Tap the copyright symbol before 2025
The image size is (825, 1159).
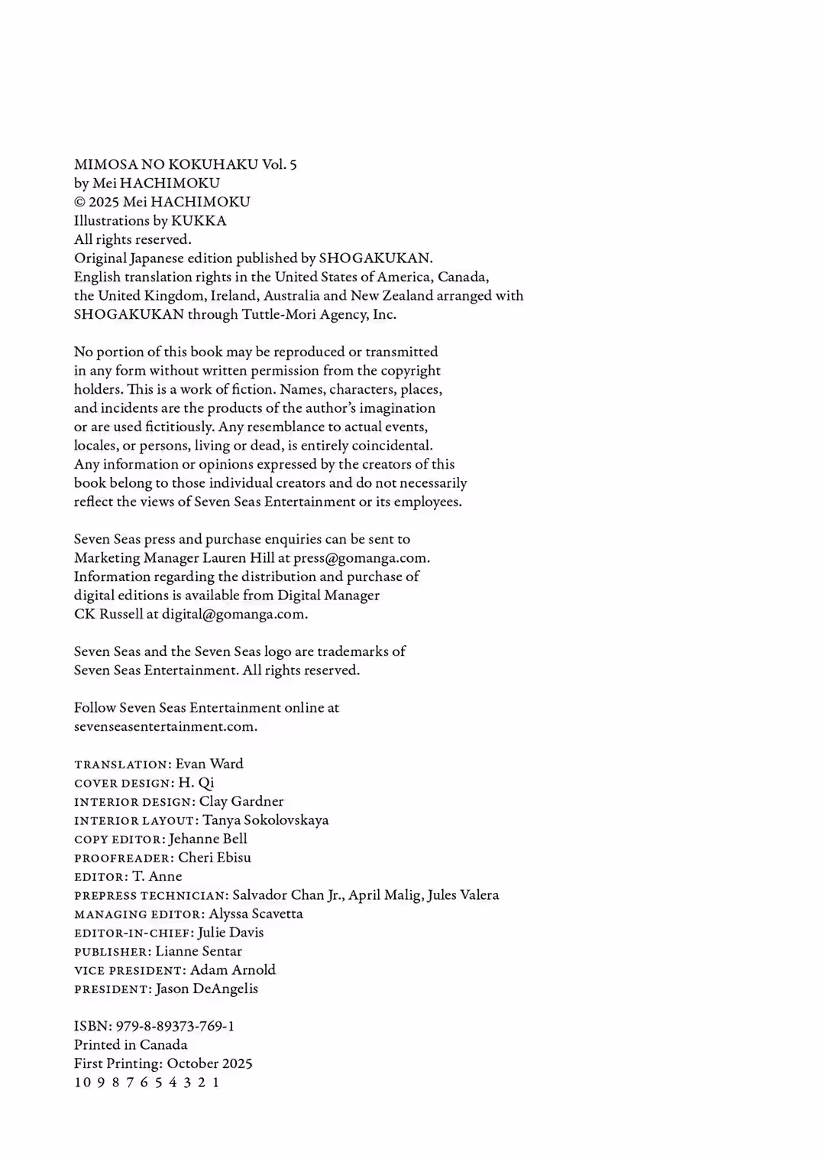pos(79,203)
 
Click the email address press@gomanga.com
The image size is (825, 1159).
pos(361,558)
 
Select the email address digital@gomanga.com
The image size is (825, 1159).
pos(234,614)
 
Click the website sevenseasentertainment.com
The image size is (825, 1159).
pos(165,726)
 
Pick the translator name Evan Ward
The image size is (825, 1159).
pos(209,764)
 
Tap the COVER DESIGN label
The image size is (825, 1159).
pos(123,783)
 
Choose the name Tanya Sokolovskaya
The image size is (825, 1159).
pos(265,820)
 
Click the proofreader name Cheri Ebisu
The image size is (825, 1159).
pos(214,858)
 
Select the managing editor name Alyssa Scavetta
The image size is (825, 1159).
pos(255,914)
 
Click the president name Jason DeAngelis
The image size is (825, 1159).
pos(206,989)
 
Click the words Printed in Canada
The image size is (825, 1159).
pos(131,1045)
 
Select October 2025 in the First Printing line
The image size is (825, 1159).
pos(209,1063)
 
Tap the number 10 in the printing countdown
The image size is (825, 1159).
pos(82,1083)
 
